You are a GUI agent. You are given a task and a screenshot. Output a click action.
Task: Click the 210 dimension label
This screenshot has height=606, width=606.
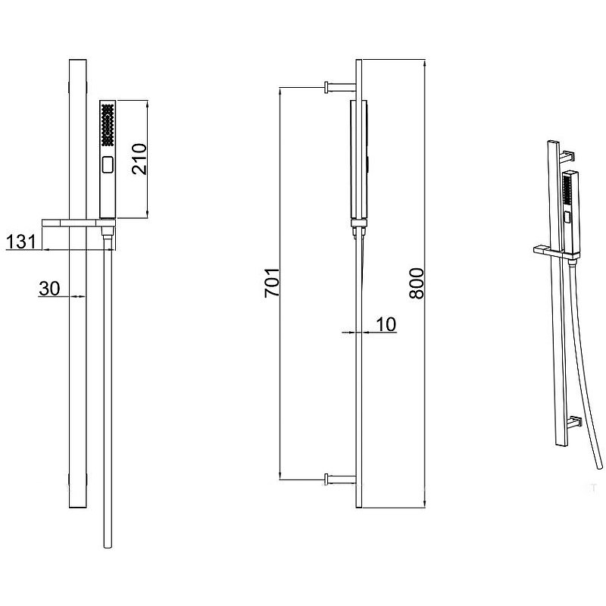tap(139, 159)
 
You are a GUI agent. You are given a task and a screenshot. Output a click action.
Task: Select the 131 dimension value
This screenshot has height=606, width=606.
tap(21, 242)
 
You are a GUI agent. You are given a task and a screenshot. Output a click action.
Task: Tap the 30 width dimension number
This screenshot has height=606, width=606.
tap(49, 289)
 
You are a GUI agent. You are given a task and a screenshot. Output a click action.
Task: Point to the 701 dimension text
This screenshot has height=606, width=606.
tap(272, 282)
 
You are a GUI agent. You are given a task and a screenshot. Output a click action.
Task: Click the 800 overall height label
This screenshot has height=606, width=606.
tap(417, 283)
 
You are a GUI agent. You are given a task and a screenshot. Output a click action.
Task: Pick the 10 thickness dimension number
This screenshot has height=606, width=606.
tap(386, 324)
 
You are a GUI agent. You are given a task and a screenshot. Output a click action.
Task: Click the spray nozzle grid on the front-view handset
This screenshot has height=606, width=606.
tap(108, 124)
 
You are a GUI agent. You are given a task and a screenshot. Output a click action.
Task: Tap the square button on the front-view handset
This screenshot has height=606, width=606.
tap(108, 164)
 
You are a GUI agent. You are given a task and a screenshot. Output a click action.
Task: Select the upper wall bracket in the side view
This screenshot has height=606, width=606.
tap(339, 87)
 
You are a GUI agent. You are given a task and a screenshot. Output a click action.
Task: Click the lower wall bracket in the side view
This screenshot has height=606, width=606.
tap(339, 479)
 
